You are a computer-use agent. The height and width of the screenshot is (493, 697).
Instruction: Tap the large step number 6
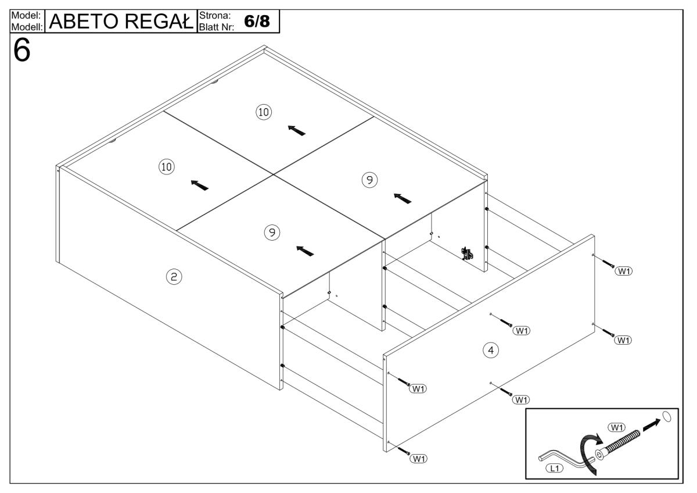pyautogui.click(x=22, y=52)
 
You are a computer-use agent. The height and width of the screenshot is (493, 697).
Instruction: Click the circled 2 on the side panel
pyautogui.click(x=173, y=277)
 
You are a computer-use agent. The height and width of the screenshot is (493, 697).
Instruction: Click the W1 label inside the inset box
pyautogui.click(x=616, y=428)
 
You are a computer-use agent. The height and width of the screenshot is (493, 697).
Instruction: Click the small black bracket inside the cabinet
pyautogui.click(x=466, y=252)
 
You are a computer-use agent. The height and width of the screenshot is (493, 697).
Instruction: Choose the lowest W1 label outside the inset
pyautogui.click(x=418, y=459)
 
